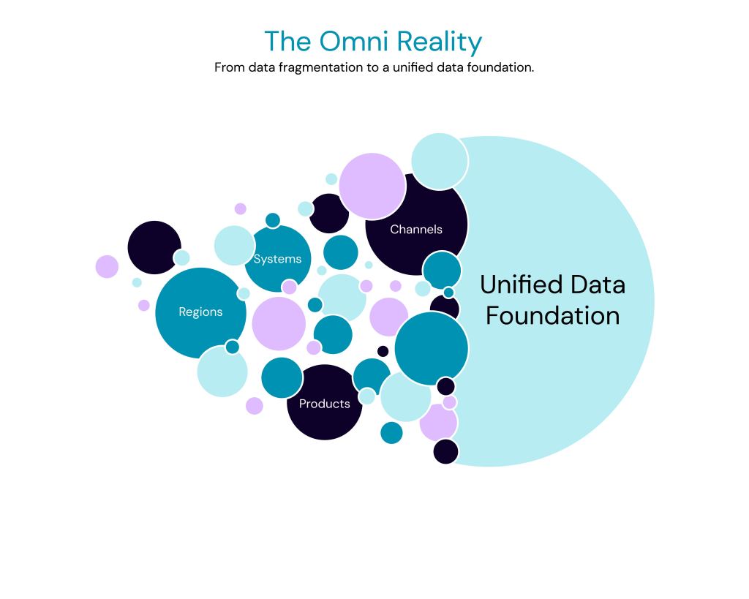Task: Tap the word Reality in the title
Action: [x=440, y=42]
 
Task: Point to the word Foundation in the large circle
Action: [x=552, y=316]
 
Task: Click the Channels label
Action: [x=415, y=229]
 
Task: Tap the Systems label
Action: [x=277, y=259]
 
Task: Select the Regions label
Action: [x=200, y=312]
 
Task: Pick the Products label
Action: [x=324, y=404]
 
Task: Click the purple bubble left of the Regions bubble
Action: [x=107, y=266]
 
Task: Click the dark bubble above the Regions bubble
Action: [x=154, y=247]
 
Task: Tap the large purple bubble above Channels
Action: [x=372, y=186]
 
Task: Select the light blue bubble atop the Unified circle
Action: [x=439, y=162]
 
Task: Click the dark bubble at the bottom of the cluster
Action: [x=445, y=451]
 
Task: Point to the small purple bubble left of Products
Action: [x=254, y=406]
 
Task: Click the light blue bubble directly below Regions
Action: [x=222, y=372]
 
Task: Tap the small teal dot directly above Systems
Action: [x=273, y=220]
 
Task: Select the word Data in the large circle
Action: [x=594, y=284]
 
